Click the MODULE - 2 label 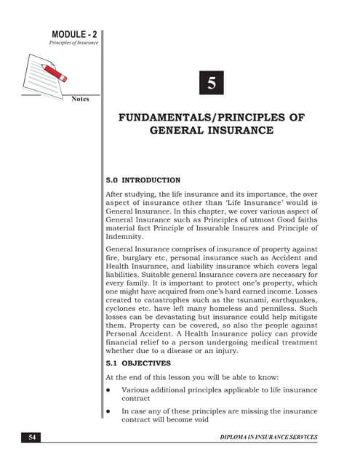pos(75,34)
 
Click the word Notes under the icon pos(80,98)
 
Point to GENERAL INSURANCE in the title pos(211,131)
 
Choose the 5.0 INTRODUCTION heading pos(143,179)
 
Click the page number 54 pos(31,437)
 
